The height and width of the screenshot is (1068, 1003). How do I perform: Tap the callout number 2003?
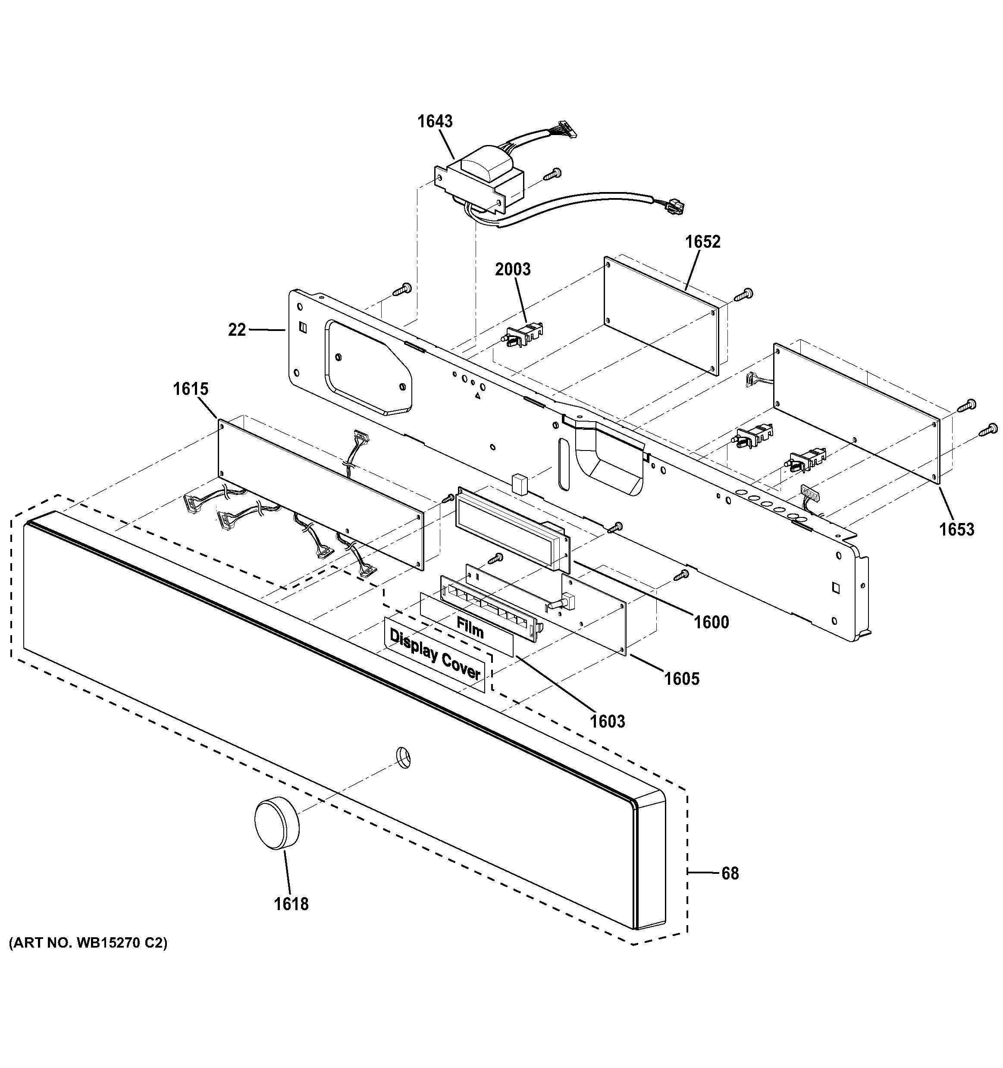click(512, 270)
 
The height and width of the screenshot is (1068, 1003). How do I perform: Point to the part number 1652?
click(702, 242)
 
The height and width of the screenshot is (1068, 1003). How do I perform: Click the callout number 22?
click(237, 330)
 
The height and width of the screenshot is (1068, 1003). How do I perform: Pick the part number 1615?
click(190, 389)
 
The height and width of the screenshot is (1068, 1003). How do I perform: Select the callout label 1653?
click(956, 530)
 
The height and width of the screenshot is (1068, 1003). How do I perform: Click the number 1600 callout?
click(711, 623)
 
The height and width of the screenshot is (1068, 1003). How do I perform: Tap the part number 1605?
click(681, 679)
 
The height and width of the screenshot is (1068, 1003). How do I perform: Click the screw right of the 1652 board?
click(744, 294)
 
